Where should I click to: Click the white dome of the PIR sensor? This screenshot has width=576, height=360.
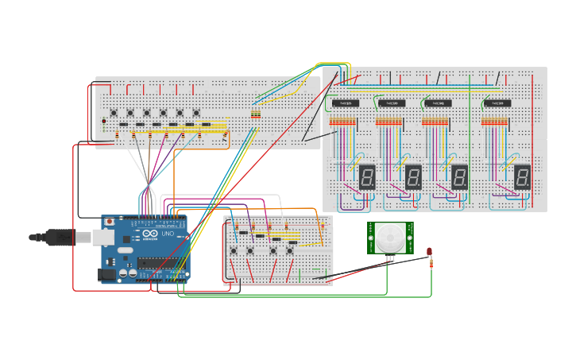390,237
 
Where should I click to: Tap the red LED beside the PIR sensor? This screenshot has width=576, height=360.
429,252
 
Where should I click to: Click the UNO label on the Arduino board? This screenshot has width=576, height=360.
168,234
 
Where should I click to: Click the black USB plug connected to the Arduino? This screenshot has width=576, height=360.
59,237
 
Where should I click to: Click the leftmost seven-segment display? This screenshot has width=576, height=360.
366,176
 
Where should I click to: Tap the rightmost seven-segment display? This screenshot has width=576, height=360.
522,176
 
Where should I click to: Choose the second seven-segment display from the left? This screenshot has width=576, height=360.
412,176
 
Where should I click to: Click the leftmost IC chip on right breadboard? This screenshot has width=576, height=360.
345,103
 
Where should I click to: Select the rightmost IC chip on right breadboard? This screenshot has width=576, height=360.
497,103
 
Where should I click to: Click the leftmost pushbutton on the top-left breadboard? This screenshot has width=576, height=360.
114,113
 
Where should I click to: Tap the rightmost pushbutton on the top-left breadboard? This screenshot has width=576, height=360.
196,113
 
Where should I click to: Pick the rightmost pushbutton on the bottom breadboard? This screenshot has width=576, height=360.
289,251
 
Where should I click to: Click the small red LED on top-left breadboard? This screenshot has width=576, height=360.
103,121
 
